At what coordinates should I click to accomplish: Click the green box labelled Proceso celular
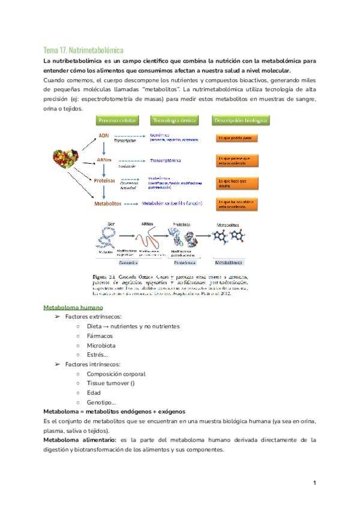coord(117,120)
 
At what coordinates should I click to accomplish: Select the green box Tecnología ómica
coord(175,120)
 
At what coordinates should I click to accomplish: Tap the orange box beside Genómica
coord(237,138)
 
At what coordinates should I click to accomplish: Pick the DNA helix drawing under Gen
coord(108,241)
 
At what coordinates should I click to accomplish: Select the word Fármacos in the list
coord(100,336)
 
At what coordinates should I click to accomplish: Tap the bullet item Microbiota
coord(101,346)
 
